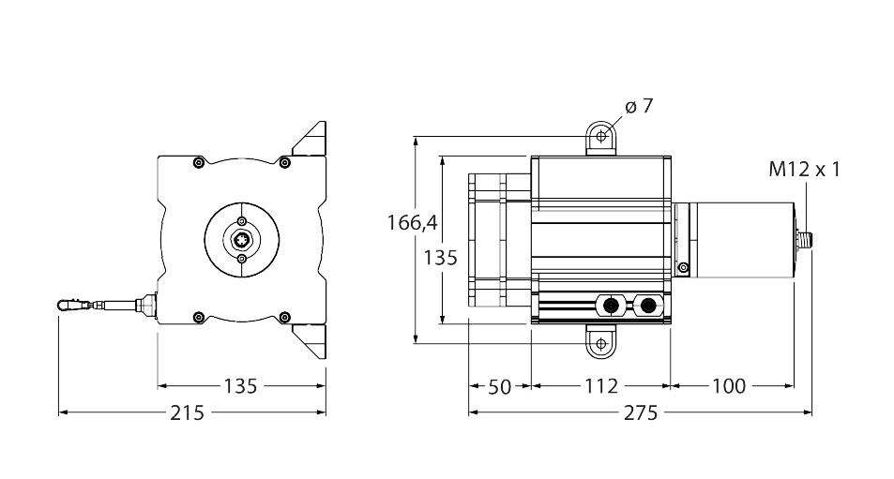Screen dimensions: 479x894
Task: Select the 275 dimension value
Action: pos(641,412)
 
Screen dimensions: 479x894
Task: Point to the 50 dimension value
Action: pos(500,386)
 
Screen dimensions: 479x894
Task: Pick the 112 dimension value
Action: pos(600,386)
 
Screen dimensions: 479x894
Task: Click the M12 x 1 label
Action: pos(805,170)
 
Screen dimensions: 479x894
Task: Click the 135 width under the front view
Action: pos(241,386)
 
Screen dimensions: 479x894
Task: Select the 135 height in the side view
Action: pos(441,257)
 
